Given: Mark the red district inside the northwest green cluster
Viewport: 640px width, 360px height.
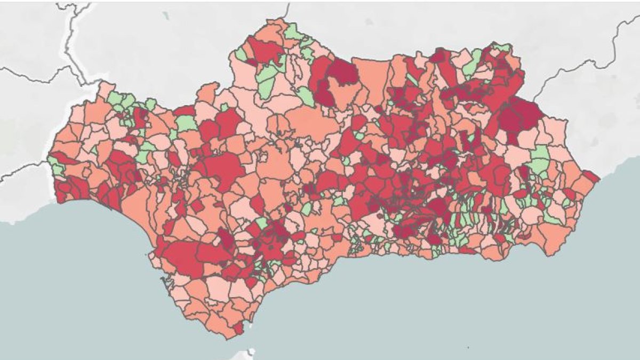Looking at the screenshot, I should pyautogui.click(x=140, y=117).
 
